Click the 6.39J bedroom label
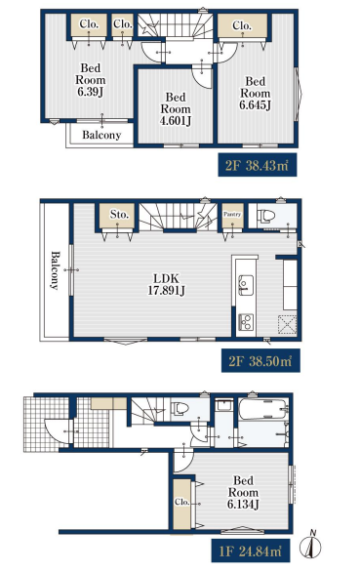point(91,79)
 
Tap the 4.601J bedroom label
point(176,108)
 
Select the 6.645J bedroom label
point(256,93)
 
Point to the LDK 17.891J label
point(166,284)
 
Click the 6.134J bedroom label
point(243,492)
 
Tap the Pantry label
point(232,214)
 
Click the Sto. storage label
point(119,214)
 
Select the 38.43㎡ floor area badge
point(258,165)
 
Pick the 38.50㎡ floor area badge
point(260,361)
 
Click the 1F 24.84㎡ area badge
point(251,551)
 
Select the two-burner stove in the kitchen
point(246,322)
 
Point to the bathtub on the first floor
point(263,409)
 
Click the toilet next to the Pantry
point(264,216)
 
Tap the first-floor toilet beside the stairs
point(180,408)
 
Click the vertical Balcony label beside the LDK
point(54,270)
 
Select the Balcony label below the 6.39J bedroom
point(101,135)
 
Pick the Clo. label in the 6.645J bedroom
point(242,25)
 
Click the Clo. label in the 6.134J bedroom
point(182,502)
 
